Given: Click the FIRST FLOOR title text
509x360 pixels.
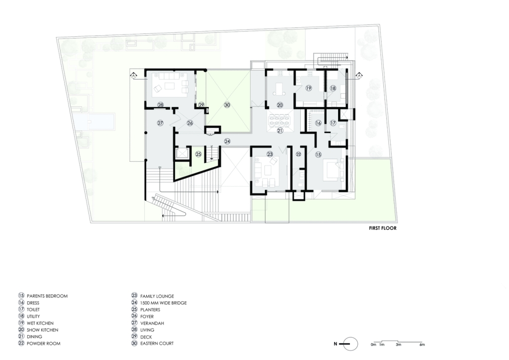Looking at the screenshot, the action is pos(382,228).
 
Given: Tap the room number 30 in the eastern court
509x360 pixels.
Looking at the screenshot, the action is pos(227,105).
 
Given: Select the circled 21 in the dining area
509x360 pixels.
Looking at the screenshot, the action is pos(280,130).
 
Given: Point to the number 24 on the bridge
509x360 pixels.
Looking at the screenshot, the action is pos(227,141).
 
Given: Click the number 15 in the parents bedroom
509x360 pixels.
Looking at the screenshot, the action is pos(318,155).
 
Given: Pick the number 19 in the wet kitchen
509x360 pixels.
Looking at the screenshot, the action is pos(308,88).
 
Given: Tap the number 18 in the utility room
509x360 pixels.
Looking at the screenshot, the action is pos(333,89).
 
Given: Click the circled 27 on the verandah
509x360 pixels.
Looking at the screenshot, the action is pos(160,123).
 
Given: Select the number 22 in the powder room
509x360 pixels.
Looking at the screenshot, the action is pos(298,154).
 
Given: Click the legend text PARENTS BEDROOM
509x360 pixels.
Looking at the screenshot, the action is pos(47,296).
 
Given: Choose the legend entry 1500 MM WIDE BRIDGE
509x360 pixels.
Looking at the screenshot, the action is pos(163,303).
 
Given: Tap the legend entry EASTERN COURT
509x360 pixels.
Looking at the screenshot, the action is pos(157,343).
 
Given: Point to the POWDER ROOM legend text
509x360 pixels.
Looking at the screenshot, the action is pos(44,344).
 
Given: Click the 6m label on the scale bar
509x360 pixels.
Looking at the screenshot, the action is pos(422,345).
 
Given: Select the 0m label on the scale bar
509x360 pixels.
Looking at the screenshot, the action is pos(373,345).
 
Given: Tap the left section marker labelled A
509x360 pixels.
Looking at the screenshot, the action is pos(133,76).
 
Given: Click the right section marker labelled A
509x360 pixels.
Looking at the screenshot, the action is pos(359,76).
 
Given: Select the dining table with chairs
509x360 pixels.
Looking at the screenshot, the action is pos(279,121).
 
